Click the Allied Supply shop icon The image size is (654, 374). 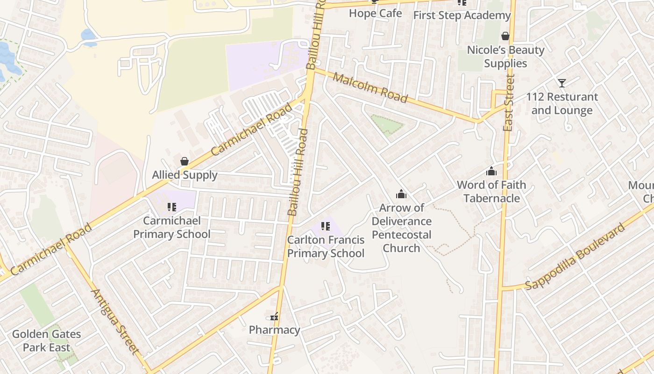[185, 162]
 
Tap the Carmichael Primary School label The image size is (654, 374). [172, 227]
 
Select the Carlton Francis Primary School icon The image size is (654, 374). [326, 227]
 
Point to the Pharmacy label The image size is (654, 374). [274, 330]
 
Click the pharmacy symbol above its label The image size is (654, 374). [275, 317]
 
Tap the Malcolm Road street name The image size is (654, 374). [370, 87]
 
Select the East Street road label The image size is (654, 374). [509, 103]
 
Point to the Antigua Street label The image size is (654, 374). [115, 322]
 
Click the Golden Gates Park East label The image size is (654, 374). [46, 341]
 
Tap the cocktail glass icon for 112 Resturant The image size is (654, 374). [562, 83]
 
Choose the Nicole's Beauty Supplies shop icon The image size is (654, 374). [505, 36]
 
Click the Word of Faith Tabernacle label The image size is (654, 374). [491, 192]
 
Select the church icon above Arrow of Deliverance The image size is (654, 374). [401, 194]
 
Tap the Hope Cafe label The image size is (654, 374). [375, 13]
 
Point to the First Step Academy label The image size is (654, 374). [462, 15]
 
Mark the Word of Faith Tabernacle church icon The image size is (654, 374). [491, 172]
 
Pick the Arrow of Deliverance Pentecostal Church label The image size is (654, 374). [401, 228]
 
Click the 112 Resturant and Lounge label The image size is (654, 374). [562, 104]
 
